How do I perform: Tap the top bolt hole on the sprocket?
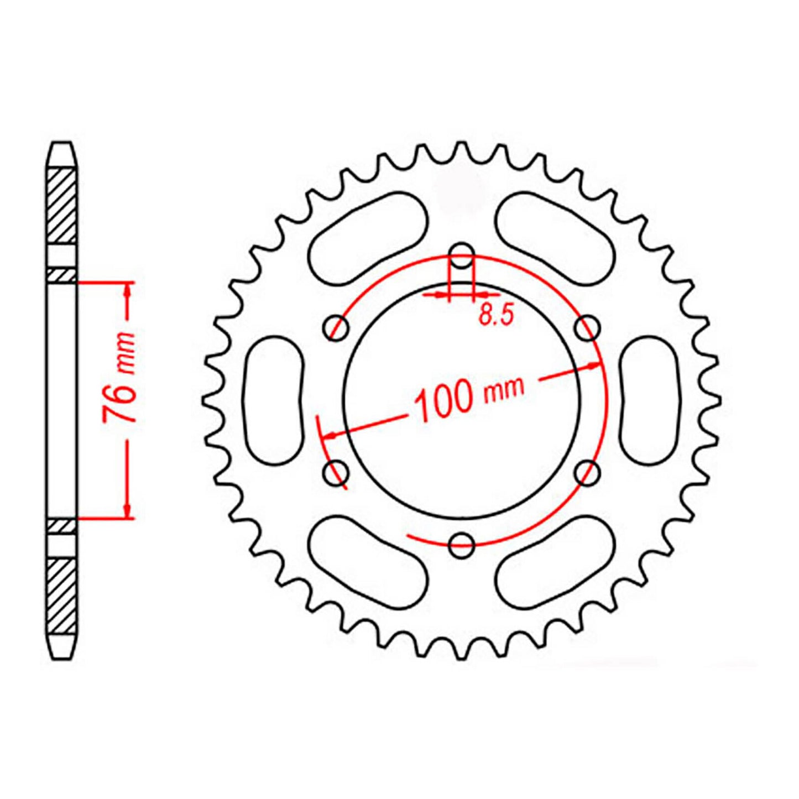click(x=462, y=255)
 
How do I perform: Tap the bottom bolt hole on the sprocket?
click(x=462, y=545)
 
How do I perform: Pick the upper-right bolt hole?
click(x=587, y=328)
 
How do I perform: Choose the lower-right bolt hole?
click(x=587, y=473)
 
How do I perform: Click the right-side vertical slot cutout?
click(x=649, y=400)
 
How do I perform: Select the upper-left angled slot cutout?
click(x=368, y=239)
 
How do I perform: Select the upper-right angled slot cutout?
click(x=555, y=239)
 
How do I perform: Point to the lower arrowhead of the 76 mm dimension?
click(x=128, y=512)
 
